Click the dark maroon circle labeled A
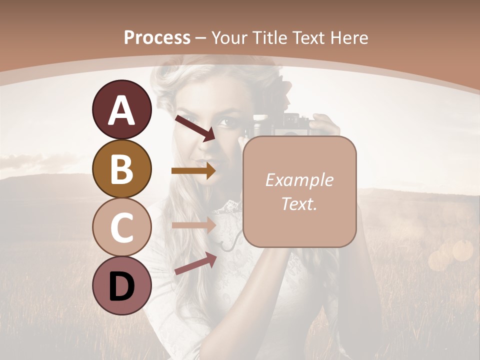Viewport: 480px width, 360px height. [121, 109]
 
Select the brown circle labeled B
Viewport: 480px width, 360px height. [121, 168]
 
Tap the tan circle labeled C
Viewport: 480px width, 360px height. [121, 227]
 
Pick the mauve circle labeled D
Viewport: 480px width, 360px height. [121, 285]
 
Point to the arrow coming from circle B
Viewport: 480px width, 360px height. [193, 171]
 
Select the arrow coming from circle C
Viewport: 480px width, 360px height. [193, 225]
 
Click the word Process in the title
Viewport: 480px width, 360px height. [157, 37]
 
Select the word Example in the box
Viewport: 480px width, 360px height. [299, 180]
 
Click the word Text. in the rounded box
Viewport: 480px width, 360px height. [299, 203]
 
